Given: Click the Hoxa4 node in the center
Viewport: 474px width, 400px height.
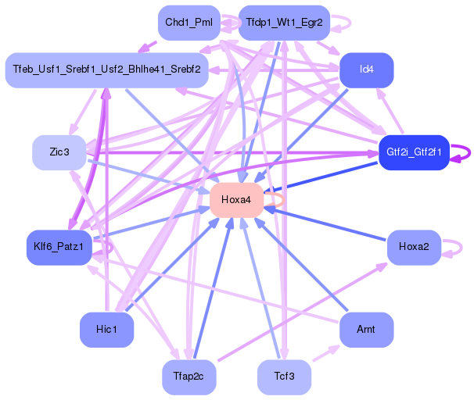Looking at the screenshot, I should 235,200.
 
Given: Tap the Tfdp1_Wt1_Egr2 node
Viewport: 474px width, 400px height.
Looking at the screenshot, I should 284,22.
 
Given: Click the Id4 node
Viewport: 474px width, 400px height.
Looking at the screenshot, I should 366,70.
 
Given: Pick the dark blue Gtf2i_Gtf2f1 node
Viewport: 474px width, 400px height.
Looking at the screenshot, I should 414,152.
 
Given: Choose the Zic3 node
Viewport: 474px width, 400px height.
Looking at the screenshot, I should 59,152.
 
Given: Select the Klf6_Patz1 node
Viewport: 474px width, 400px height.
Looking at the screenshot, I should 59,247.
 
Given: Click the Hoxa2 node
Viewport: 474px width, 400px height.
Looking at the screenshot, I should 414,247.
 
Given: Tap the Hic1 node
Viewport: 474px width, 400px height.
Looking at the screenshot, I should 106,329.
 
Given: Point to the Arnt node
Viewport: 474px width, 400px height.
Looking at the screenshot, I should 366,329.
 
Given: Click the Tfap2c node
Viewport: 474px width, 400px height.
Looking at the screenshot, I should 189,377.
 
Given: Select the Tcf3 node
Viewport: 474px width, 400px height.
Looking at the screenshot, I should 284,377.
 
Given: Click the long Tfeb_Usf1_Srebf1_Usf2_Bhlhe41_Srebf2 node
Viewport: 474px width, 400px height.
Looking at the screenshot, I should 106,70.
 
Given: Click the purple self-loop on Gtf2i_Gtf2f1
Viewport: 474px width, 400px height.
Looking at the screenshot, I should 467,152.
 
